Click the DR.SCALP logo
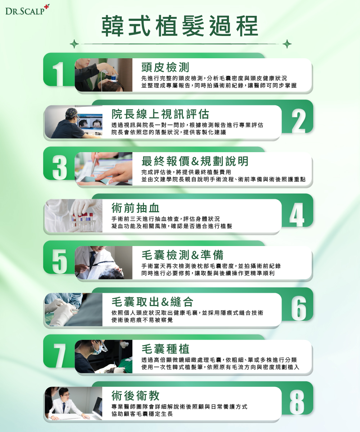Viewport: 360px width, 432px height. coord(27,10)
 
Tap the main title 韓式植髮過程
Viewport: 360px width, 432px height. coord(180,26)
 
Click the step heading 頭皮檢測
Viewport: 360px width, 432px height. coord(165,67)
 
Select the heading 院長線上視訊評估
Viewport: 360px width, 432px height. coord(160,114)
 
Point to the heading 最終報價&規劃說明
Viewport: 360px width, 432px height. coord(195,161)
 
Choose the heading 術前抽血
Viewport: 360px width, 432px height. coord(135,208)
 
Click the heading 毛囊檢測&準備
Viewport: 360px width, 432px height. coord(183,255)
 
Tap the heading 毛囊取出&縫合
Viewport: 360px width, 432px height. coord(152,302)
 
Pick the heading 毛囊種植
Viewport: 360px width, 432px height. coord(165,349)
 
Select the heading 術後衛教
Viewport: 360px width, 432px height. coord(135,395)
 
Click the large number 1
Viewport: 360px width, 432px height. coord(59,74)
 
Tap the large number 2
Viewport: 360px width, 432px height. coord(298,120)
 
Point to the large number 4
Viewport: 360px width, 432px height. coord(297,214)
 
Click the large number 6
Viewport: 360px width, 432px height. coord(299,309)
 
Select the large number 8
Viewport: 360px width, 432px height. coord(297,403)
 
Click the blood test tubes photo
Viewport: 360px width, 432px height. coord(73,215)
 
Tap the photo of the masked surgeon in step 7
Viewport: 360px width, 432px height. coord(104,356)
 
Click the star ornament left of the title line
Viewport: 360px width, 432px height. coord(74,44)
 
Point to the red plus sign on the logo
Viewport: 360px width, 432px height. coord(47,6)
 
